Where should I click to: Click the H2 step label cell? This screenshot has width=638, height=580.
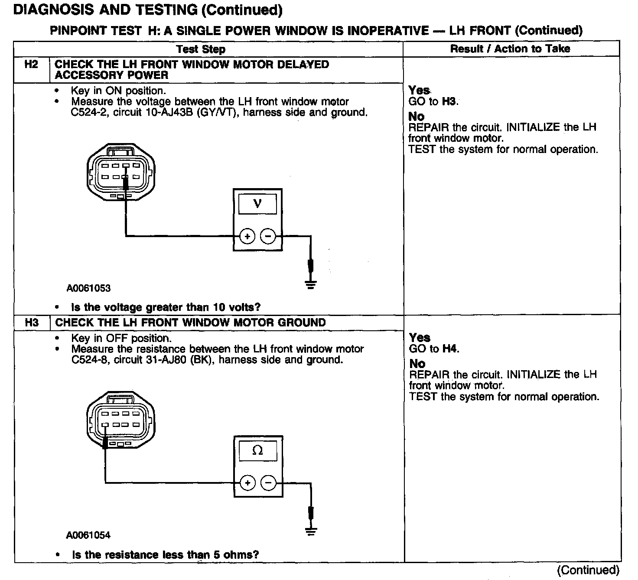pos(31,65)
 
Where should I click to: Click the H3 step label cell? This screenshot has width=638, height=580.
pos(32,323)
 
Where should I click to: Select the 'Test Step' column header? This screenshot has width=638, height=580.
pos(201,49)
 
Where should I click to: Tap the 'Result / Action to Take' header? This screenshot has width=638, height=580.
pos(510,49)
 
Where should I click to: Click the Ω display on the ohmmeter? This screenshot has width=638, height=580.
pos(257,450)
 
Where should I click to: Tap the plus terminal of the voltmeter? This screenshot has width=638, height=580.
pos(247,236)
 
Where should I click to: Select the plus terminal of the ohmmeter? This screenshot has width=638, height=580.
pos(247,483)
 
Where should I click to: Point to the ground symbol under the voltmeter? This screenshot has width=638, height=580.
pos(310,284)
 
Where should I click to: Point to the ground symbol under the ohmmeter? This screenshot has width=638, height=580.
pos(310,531)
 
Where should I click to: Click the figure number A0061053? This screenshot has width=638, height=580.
pos(88,288)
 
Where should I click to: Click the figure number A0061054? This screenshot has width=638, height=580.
pos(88,535)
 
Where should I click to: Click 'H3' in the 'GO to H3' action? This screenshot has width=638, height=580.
pos(449,101)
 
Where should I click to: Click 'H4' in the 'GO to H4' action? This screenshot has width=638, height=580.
pos(450,349)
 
